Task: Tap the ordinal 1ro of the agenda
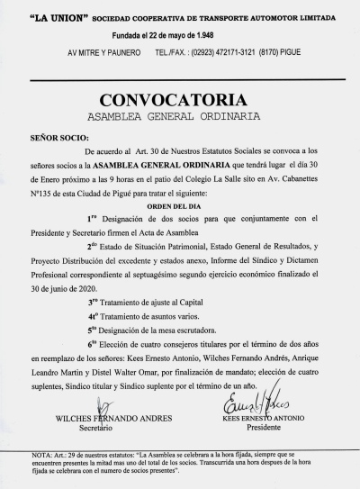[x=92, y=218]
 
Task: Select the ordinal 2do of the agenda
[x=93, y=245]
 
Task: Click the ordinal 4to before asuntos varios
[x=93, y=317]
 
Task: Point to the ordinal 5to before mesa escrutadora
[x=93, y=331]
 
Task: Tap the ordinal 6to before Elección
[x=93, y=345]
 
